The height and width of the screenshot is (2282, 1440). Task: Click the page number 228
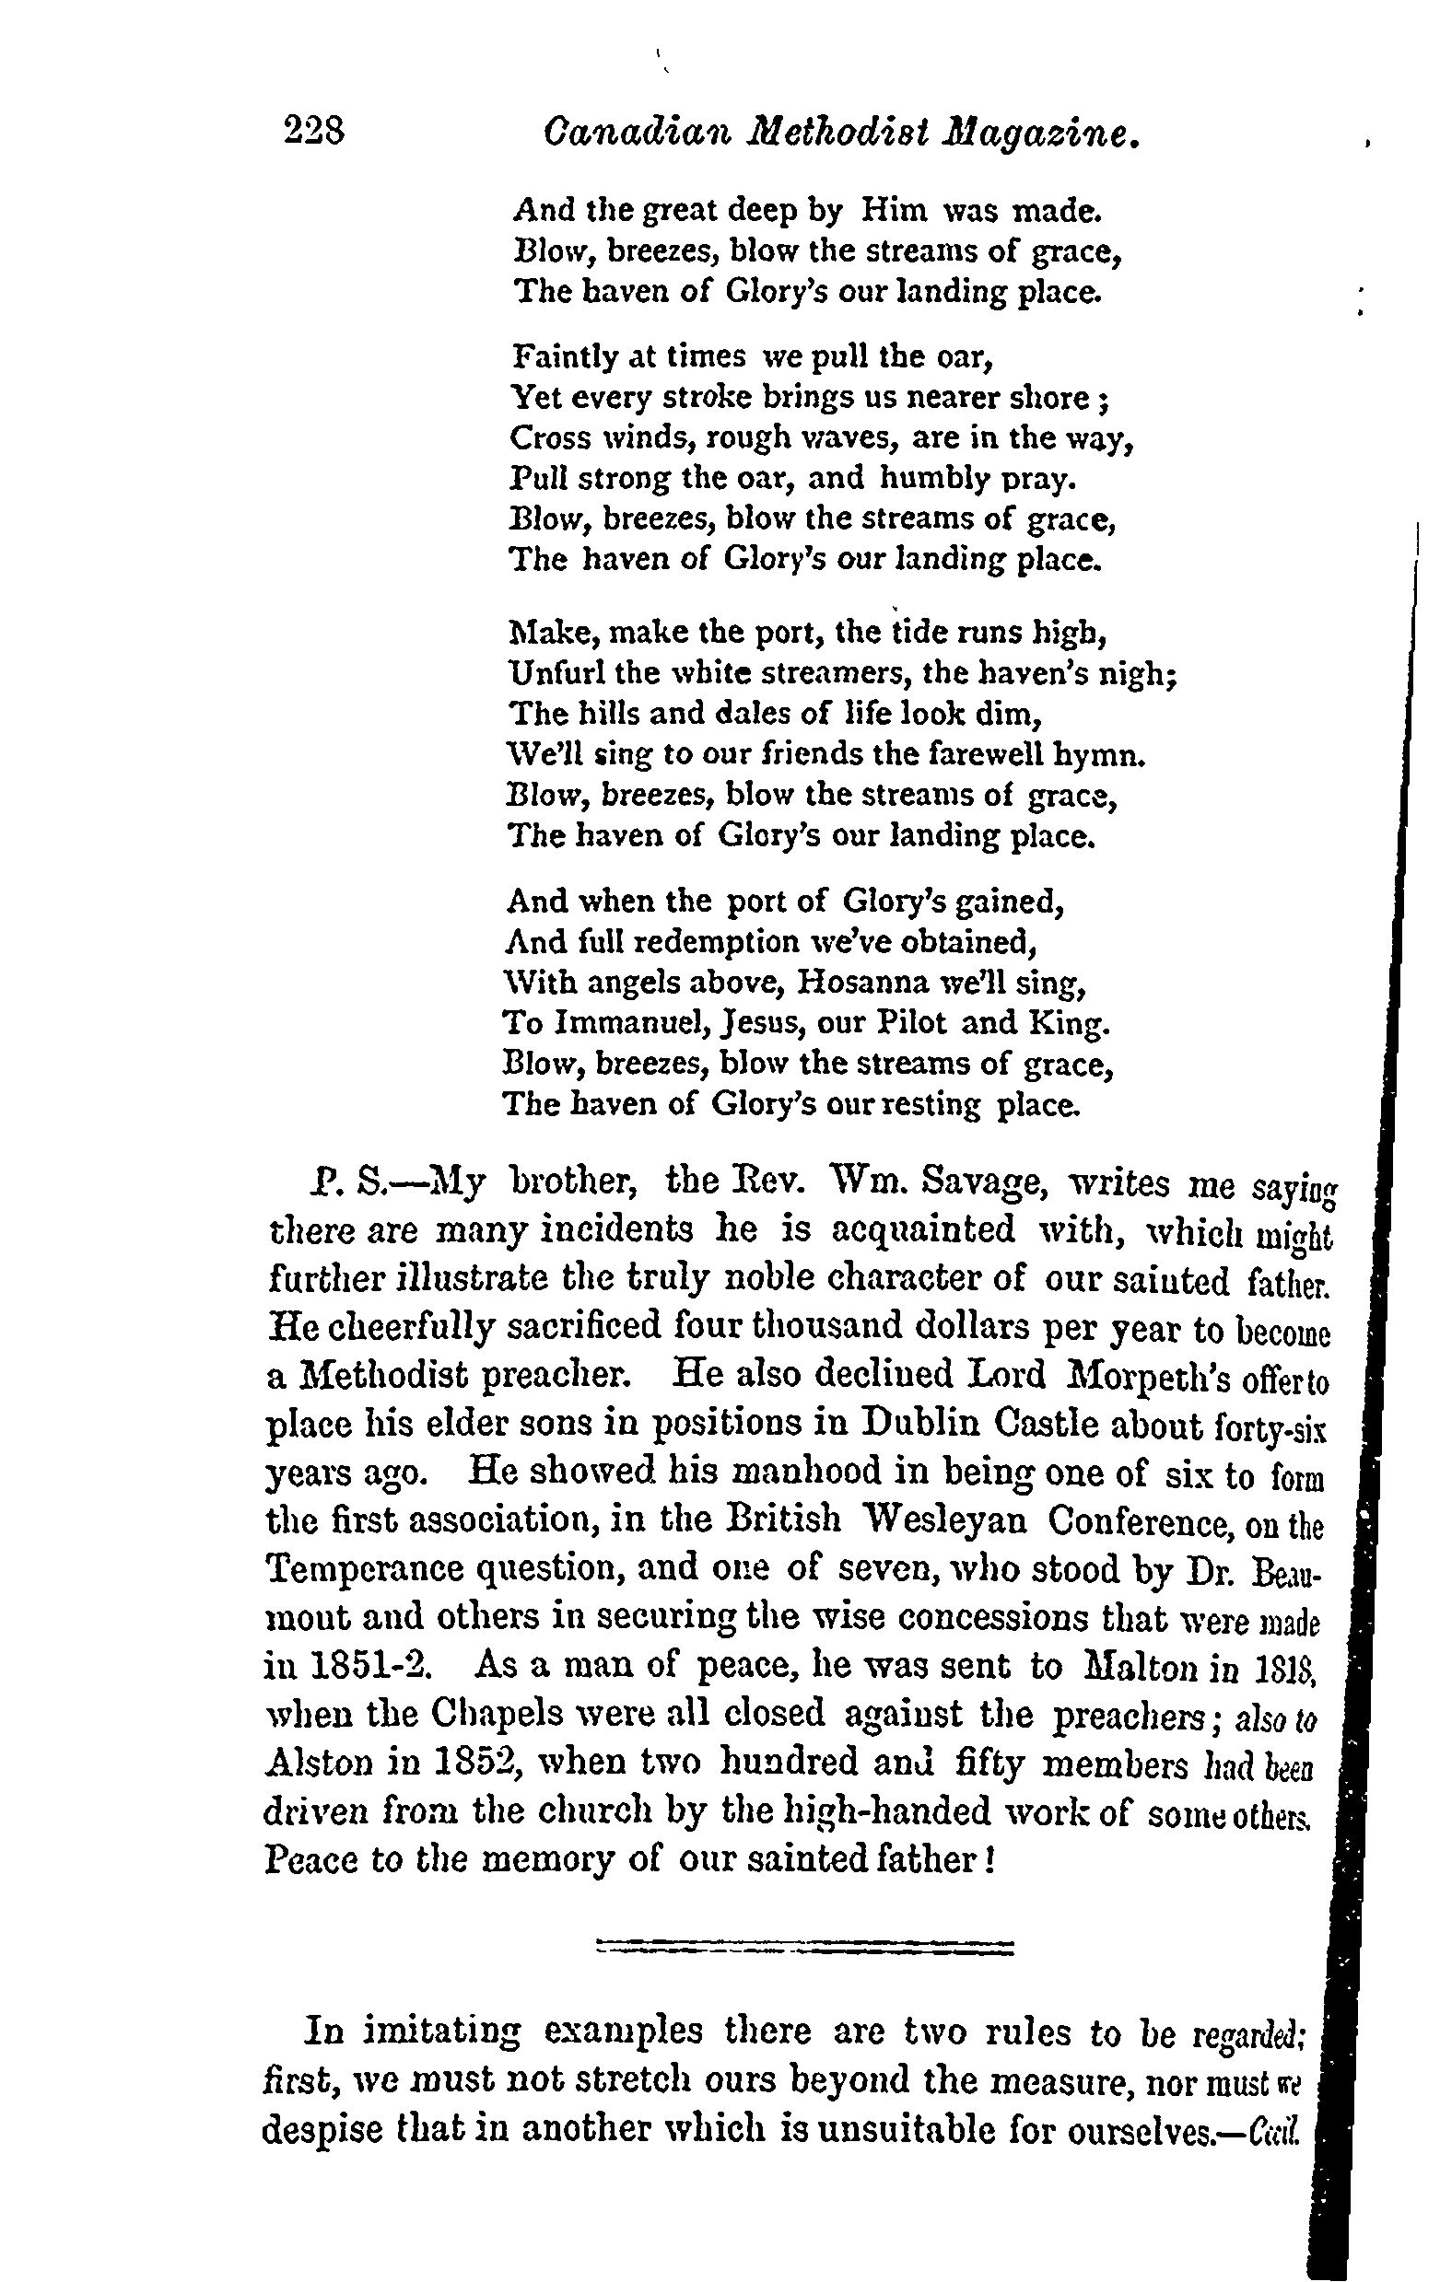313,131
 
